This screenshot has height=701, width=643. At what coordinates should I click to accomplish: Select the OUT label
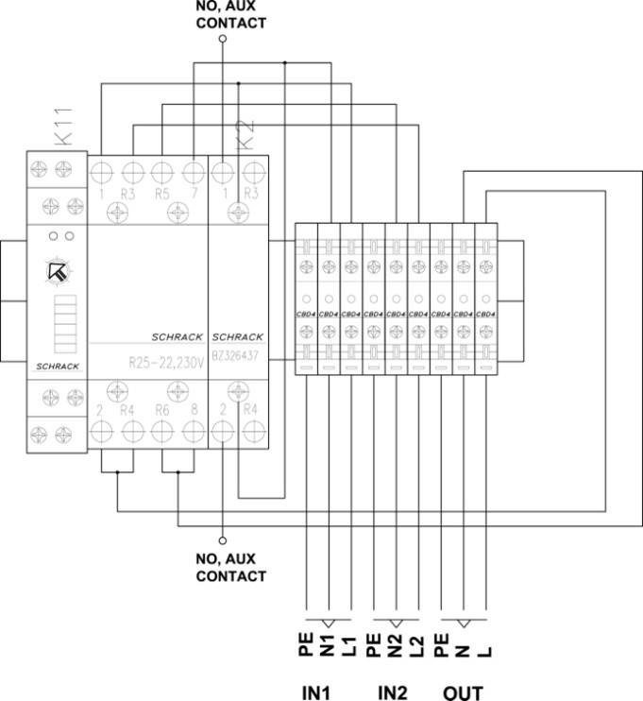click(462, 692)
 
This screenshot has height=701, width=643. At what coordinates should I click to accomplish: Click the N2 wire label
click(397, 647)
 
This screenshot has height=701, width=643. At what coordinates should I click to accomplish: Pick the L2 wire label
click(418, 647)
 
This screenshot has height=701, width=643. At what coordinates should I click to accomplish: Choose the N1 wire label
click(327, 647)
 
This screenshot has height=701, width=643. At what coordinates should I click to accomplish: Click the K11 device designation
click(55, 132)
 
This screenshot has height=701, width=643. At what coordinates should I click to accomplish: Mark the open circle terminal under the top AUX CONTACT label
click(223, 40)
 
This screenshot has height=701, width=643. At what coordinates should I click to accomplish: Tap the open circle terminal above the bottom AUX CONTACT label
click(223, 540)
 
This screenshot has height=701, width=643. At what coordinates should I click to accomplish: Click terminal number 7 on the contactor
click(194, 194)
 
